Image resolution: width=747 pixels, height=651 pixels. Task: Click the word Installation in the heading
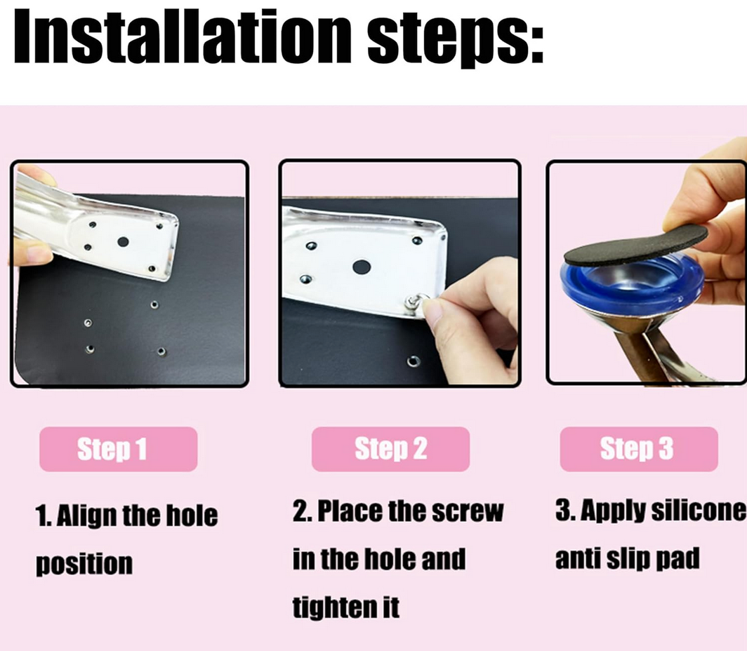click(183, 36)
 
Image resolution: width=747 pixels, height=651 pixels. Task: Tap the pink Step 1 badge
click(118, 449)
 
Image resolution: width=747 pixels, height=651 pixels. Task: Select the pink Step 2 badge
click(390, 449)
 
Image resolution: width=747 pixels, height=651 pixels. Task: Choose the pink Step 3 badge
click(639, 449)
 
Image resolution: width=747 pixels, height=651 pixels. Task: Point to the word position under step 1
click(84, 564)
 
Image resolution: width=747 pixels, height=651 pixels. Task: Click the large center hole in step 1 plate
click(123, 242)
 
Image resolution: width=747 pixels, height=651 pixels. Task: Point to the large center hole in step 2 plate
click(362, 267)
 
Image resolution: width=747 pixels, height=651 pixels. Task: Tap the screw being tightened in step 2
click(413, 302)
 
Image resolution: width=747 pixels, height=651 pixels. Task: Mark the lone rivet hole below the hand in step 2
click(414, 362)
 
